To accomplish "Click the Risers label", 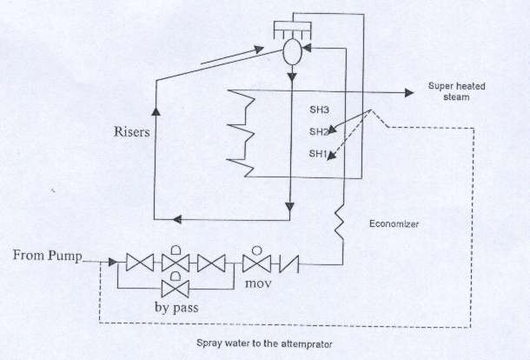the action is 131,132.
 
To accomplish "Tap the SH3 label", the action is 319,110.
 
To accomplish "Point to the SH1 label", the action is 318,154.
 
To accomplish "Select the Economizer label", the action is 394,223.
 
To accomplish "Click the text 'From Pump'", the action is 47,255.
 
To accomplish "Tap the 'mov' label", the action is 258,283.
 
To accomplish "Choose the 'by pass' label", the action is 176,308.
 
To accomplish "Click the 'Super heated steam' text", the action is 456,91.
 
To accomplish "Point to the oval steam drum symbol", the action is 292,52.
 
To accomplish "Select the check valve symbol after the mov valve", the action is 289,263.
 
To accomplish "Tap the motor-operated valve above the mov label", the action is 257,260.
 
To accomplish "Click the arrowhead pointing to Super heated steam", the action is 409,92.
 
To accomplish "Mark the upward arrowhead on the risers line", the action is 156,111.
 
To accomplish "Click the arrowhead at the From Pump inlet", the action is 113,262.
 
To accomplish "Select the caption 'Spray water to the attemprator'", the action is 264,343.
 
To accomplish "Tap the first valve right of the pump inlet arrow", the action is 140,263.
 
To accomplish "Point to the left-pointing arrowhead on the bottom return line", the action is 177,220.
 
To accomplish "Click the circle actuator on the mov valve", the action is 257,250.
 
